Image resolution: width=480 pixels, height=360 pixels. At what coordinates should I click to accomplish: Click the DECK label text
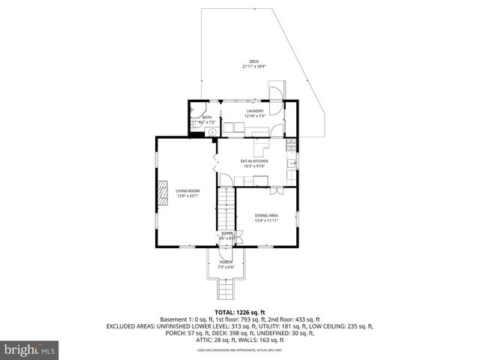click(x=253, y=61)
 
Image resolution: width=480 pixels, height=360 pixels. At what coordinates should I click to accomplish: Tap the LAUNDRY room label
click(x=255, y=112)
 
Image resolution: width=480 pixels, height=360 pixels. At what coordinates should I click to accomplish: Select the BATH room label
click(x=207, y=117)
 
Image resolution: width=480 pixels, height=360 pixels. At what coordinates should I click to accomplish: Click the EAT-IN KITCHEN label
click(x=253, y=161)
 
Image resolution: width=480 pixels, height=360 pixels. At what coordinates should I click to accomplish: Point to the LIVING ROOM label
click(x=187, y=191)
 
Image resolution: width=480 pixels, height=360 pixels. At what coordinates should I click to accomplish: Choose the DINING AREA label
click(x=266, y=215)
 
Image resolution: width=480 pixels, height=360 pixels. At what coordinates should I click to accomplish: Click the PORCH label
click(x=226, y=262)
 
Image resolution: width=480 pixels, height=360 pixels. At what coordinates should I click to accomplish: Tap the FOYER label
click(x=226, y=234)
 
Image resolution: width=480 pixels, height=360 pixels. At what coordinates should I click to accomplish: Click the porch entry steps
click(x=226, y=288)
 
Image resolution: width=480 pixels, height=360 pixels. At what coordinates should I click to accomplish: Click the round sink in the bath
click(x=212, y=132)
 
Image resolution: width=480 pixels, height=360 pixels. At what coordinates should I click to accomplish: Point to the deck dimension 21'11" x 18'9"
click(x=253, y=67)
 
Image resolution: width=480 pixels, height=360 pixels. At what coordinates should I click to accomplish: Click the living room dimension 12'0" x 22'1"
click(x=187, y=196)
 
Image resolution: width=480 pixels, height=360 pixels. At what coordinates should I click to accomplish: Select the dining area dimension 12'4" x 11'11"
click(x=266, y=220)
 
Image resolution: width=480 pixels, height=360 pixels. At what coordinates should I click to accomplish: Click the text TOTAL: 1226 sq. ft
click(x=235, y=310)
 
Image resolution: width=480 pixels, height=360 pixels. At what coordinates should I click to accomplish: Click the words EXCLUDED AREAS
click(x=131, y=327)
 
